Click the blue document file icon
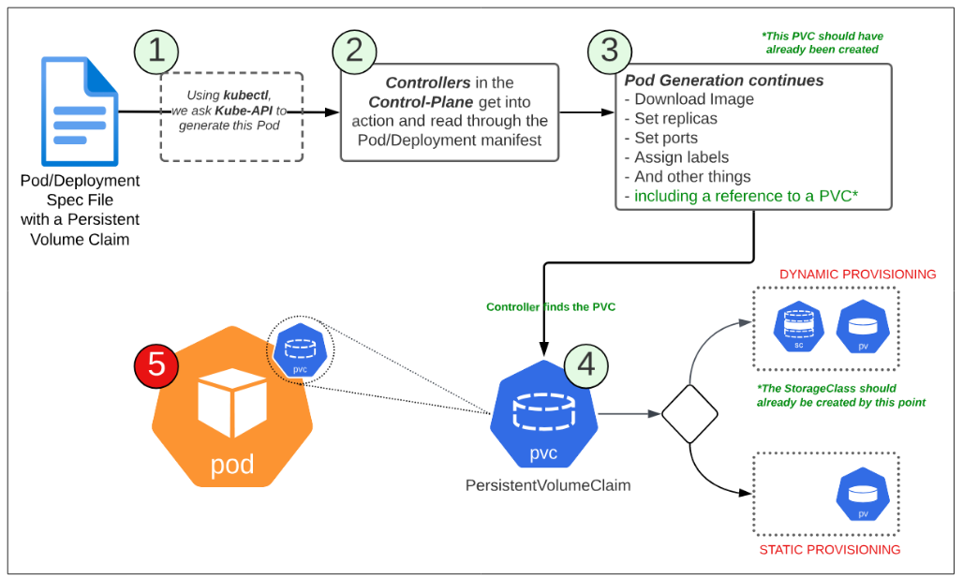80,111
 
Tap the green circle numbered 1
156,50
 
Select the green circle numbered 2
354,50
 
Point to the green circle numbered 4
585,364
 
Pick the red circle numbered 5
156,364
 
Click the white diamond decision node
689,413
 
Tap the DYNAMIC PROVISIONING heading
857,275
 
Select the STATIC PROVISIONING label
829,550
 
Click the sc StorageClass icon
798,327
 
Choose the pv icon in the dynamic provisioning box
862,327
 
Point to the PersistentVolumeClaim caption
547,485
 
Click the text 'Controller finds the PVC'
550,306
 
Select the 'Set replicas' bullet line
675,118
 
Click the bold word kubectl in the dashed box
246,96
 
